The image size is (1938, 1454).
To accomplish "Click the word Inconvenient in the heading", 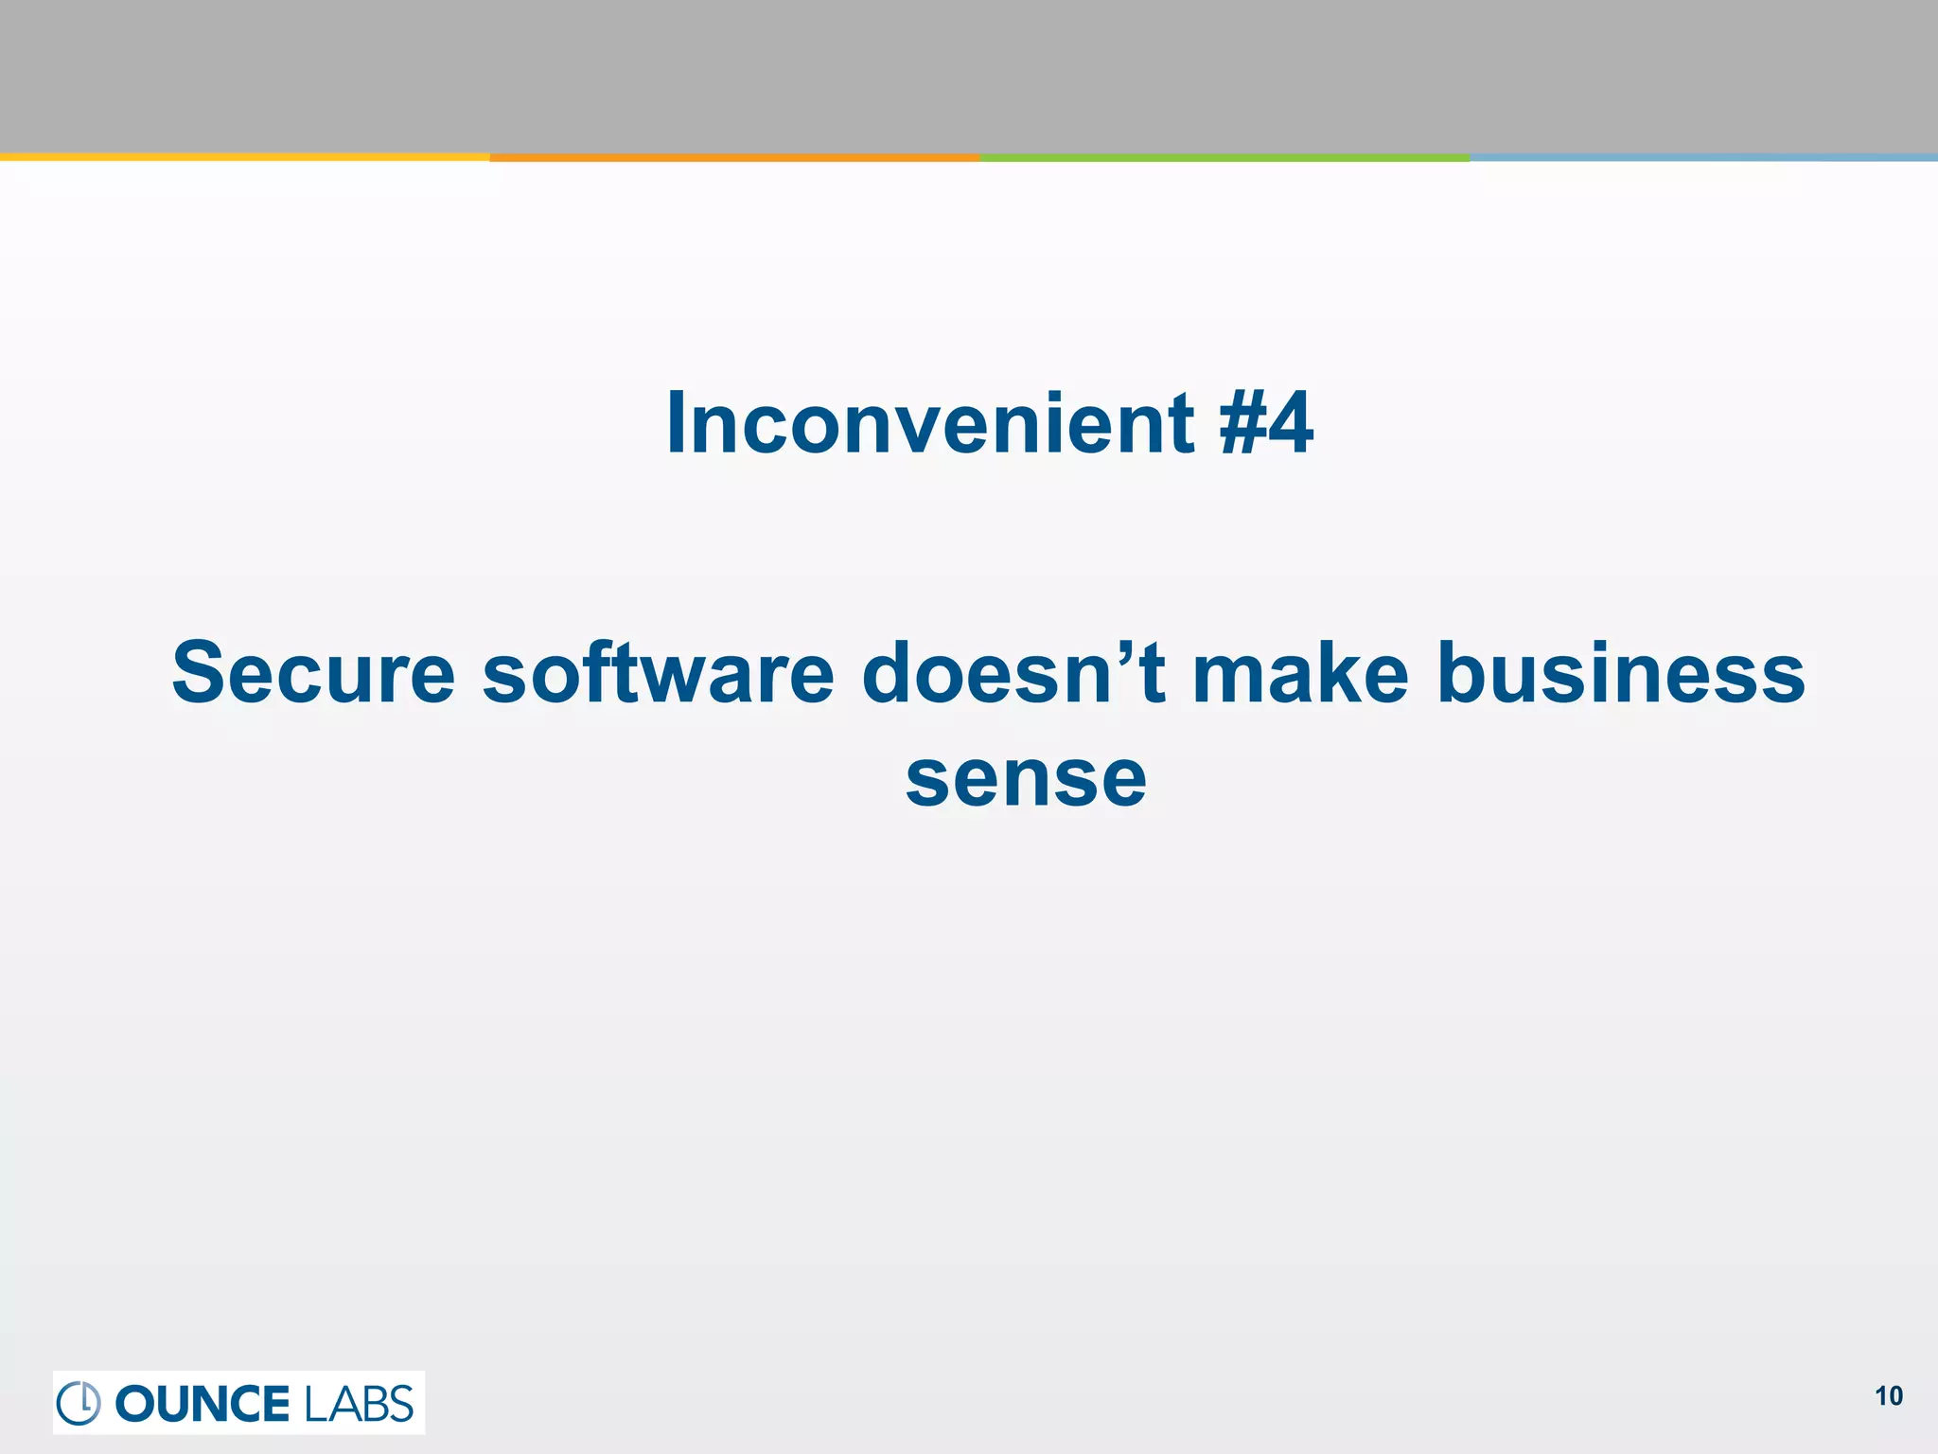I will (930, 424).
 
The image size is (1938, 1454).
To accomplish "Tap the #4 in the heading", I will (1266, 424).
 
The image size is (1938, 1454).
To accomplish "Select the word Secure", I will (313, 673).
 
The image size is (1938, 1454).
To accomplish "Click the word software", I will (659, 673).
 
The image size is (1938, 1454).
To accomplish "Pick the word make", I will (1300, 673).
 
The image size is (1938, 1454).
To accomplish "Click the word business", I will (1621, 673).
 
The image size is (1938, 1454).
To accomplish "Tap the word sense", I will (1026, 778).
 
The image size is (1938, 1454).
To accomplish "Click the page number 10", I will (1888, 1396).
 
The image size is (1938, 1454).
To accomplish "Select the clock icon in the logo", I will (79, 1403).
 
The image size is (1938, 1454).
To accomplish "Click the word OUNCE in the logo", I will (202, 1404).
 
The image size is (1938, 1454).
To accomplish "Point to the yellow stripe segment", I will (244, 157).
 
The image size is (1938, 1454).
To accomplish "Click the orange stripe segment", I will (734, 157).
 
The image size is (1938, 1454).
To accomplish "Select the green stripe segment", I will (1224, 157).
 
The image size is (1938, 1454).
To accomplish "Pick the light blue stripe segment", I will (1703, 157).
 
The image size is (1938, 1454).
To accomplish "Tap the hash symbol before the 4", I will (1241, 424).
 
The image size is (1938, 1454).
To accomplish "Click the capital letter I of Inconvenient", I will (677, 424).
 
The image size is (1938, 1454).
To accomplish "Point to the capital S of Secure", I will (201, 673).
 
